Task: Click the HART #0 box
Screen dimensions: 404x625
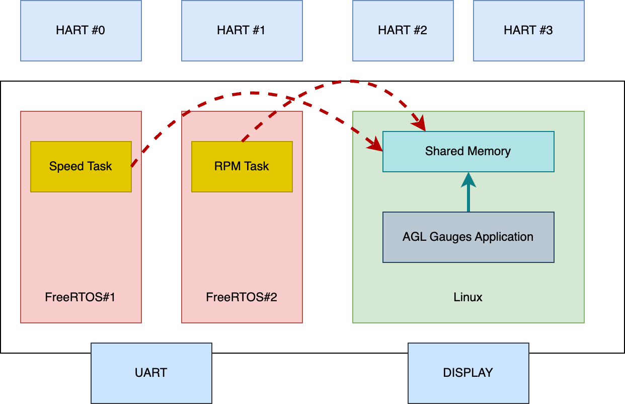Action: tap(81, 31)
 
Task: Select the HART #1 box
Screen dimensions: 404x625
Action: tap(242, 31)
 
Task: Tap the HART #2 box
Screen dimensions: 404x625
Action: tap(403, 31)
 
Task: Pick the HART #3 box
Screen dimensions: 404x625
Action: tap(528, 31)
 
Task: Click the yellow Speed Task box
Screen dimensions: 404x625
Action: tap(81, 167)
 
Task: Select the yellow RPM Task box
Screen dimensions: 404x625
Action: tap(242, 167)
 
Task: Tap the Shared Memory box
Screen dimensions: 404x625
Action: tap(468, 152)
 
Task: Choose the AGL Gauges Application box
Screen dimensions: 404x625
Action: tap(468, 237)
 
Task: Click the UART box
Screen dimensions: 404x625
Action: tap(151, 373)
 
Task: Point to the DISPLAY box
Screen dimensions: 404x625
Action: tap(468, 373)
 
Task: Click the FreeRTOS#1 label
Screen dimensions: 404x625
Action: tap(81, 297)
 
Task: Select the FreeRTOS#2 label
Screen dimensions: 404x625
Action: tap(242, 297)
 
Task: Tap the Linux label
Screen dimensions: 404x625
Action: tap(468, 297)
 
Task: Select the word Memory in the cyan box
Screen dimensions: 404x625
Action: tap(491, 152)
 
